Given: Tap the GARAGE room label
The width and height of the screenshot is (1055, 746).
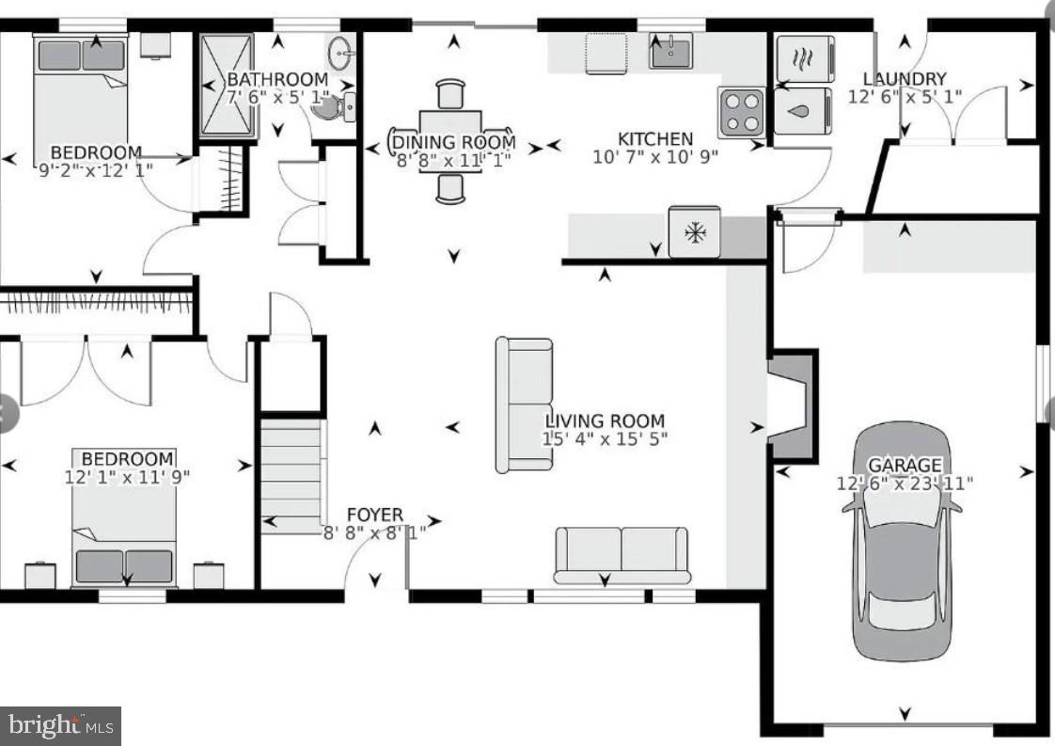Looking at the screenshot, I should click(904, 465).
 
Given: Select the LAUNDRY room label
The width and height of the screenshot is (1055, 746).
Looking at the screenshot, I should click(904, 79).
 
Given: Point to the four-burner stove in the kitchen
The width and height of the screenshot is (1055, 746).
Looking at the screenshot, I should click(742, 112).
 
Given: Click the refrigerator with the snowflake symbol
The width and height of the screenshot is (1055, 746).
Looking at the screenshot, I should click(694, 231).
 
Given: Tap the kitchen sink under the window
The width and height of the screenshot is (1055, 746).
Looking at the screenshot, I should click(670, 50).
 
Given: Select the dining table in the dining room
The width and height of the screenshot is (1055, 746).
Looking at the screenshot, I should click(451, 141).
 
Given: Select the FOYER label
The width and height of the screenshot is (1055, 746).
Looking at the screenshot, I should click(374, 515).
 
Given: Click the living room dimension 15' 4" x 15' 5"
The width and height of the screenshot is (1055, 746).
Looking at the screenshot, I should click(605, 439).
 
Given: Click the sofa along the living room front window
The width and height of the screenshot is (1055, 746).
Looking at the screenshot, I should click(622, 554).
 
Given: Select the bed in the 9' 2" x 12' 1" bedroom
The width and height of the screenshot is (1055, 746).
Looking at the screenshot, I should click(81, 94).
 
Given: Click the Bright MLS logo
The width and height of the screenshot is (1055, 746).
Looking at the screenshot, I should click(60, 725).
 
